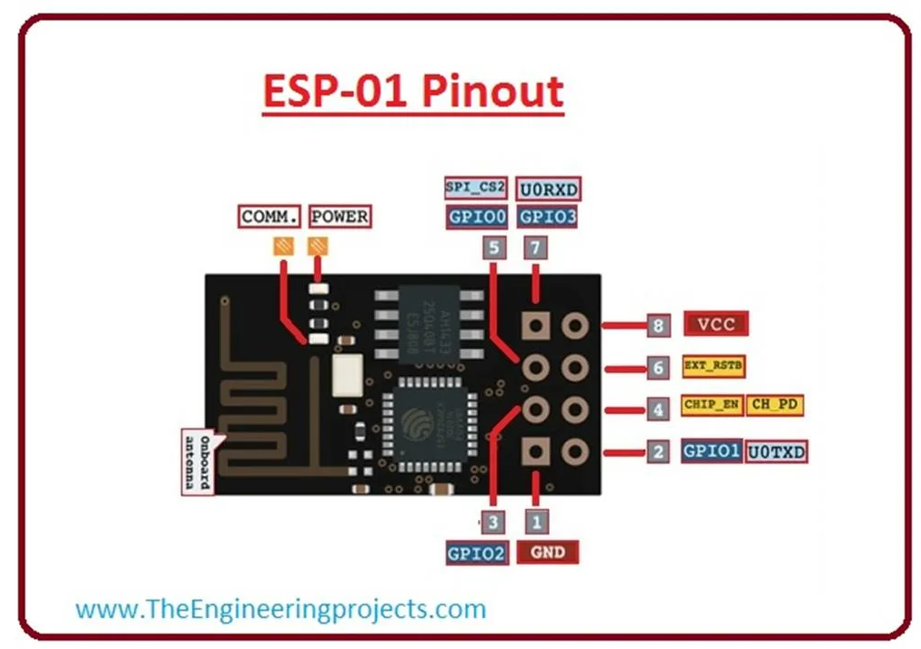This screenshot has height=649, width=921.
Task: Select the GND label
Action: pyautogui.click(x=547, y=552)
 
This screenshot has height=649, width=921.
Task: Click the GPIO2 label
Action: pyautogui.click(x=476, y=553)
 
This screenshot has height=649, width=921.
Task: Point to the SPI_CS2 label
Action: pyautogui.click(x=475, y=188)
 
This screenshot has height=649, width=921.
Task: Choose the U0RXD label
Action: pyautogui.click(x=548, y=189)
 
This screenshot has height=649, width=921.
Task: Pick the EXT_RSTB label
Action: pyautogui.click(x=713, y=366)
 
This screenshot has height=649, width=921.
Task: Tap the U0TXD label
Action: pyautogui.click(x=776, y=451)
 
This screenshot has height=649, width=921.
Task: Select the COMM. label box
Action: pyautogui.click(x=270, y=217)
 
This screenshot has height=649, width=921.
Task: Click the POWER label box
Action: pyautogui.click(x=339, y=217)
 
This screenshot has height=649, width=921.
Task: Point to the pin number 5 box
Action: pyautogui.click(x=494, y=248)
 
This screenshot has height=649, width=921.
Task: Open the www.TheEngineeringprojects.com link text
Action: pyautogui.click(x=280, y=608)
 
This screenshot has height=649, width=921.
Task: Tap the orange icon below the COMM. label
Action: pyautogui.click(x=283, y=246)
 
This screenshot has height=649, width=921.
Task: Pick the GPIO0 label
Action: pyautogui.click(x=475, y=218)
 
